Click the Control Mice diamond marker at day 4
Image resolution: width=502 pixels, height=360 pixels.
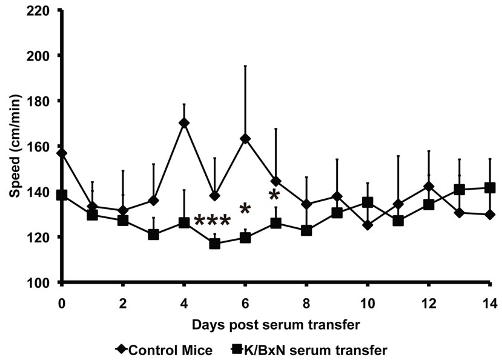[x=184, y=123]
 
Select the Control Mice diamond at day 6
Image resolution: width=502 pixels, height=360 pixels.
[x=245, y=139]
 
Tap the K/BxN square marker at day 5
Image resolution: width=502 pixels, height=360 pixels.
[x=214, y=244]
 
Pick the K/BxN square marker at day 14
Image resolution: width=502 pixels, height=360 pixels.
[x=490, y=188]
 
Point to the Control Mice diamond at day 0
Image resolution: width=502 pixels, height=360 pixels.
[x=62, y=153]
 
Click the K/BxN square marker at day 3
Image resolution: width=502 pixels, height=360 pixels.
[x=153, y=235]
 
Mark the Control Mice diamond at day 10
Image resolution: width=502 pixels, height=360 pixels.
[x=368, y=225]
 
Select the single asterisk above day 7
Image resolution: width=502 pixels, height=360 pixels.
[x=274, y=196]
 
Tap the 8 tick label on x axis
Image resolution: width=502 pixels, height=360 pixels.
[x=306, y=302]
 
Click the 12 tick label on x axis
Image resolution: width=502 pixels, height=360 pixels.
[x=429, y=302]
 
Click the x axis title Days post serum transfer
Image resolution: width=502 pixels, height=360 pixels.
[x=276, y=324]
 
